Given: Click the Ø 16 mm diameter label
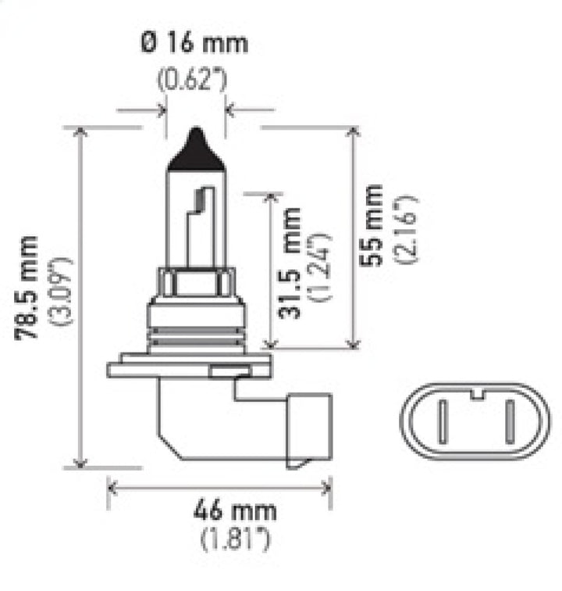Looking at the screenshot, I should point(194,43).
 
